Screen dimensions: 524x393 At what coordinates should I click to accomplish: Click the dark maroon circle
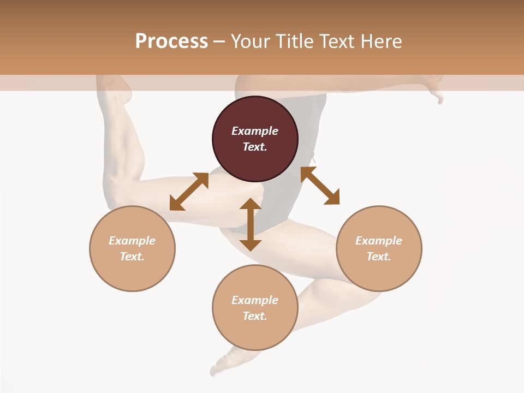255,139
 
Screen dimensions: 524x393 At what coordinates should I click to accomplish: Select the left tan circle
132,249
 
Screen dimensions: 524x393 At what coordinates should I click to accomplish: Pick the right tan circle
379,249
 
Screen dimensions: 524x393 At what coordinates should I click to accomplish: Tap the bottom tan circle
255,307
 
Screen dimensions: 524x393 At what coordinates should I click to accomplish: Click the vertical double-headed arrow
251,224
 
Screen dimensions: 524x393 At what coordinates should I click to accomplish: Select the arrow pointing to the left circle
189,192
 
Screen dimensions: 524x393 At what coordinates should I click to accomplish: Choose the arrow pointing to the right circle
320,186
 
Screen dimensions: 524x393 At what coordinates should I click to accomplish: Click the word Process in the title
172,41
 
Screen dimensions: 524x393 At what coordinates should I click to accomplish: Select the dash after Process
219,43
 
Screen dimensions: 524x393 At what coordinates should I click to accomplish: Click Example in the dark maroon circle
255,131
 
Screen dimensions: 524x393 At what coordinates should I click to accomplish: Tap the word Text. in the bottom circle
255,316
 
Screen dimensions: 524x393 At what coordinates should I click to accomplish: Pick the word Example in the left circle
132,241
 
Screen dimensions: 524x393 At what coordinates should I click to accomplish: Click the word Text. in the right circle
379,257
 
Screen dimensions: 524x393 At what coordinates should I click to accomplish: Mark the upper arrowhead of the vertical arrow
251,204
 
